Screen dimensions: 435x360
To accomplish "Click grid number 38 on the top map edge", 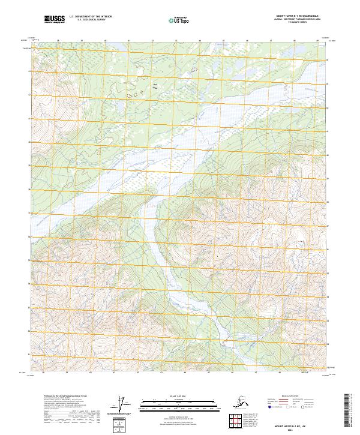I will [58, 41].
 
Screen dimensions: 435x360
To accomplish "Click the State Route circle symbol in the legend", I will [300, 407].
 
